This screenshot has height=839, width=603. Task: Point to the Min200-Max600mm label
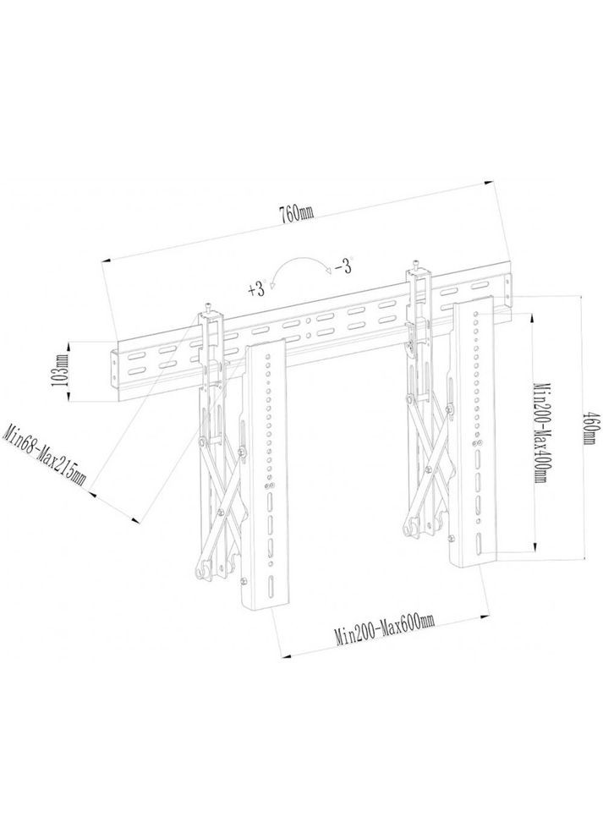tap(385, 633)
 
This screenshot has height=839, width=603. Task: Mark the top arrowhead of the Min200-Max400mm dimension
tap(533, 315)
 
